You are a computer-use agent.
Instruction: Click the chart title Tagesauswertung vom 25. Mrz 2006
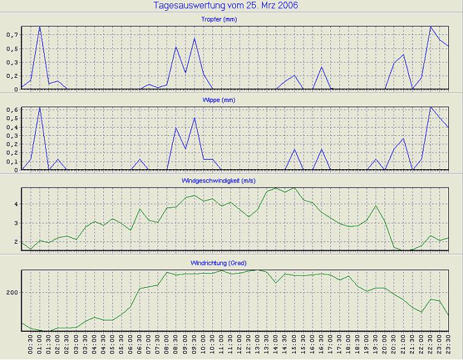click(x=226, y=6)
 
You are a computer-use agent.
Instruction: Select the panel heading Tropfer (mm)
click(x=236, y=20)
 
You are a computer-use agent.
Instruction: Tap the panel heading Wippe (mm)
click(x=236, y=101)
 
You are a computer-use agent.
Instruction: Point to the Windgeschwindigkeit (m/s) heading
click(x=236, y=181)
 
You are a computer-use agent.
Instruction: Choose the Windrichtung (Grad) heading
click(x=236, y=263)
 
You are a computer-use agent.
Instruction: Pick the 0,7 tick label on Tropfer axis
click(x=13, y=34)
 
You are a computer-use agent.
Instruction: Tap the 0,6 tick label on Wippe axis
click(x=13, y=110)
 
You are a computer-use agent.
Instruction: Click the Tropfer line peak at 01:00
click(x=40, y=27)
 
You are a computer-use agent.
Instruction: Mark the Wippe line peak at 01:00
click(x=40, y=107)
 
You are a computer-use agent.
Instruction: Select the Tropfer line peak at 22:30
click(x=431, y=27)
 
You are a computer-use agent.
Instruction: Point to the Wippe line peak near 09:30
click(x=195, y=118)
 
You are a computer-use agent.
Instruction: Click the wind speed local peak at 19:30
click(x=376, y=206)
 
